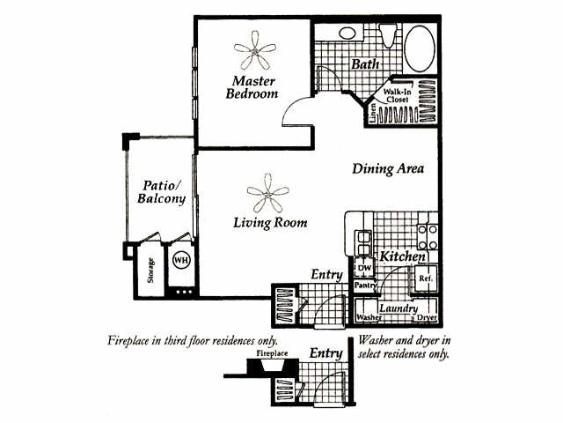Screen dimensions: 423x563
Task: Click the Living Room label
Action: coord(270,222)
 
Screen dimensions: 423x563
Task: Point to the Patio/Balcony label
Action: coord(162,193)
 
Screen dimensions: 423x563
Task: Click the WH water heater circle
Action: coord(180,261)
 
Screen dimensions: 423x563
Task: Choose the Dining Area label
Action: coord(389,168)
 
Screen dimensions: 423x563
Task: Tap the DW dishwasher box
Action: coord(362,265)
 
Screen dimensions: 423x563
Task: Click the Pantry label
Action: coord(365,286)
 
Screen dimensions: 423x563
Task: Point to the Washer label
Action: coord(367,316)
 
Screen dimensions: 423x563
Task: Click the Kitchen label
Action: coord(404,256)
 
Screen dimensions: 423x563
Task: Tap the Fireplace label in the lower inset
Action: coord(272,353)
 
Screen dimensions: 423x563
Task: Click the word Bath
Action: coord(364,64)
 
